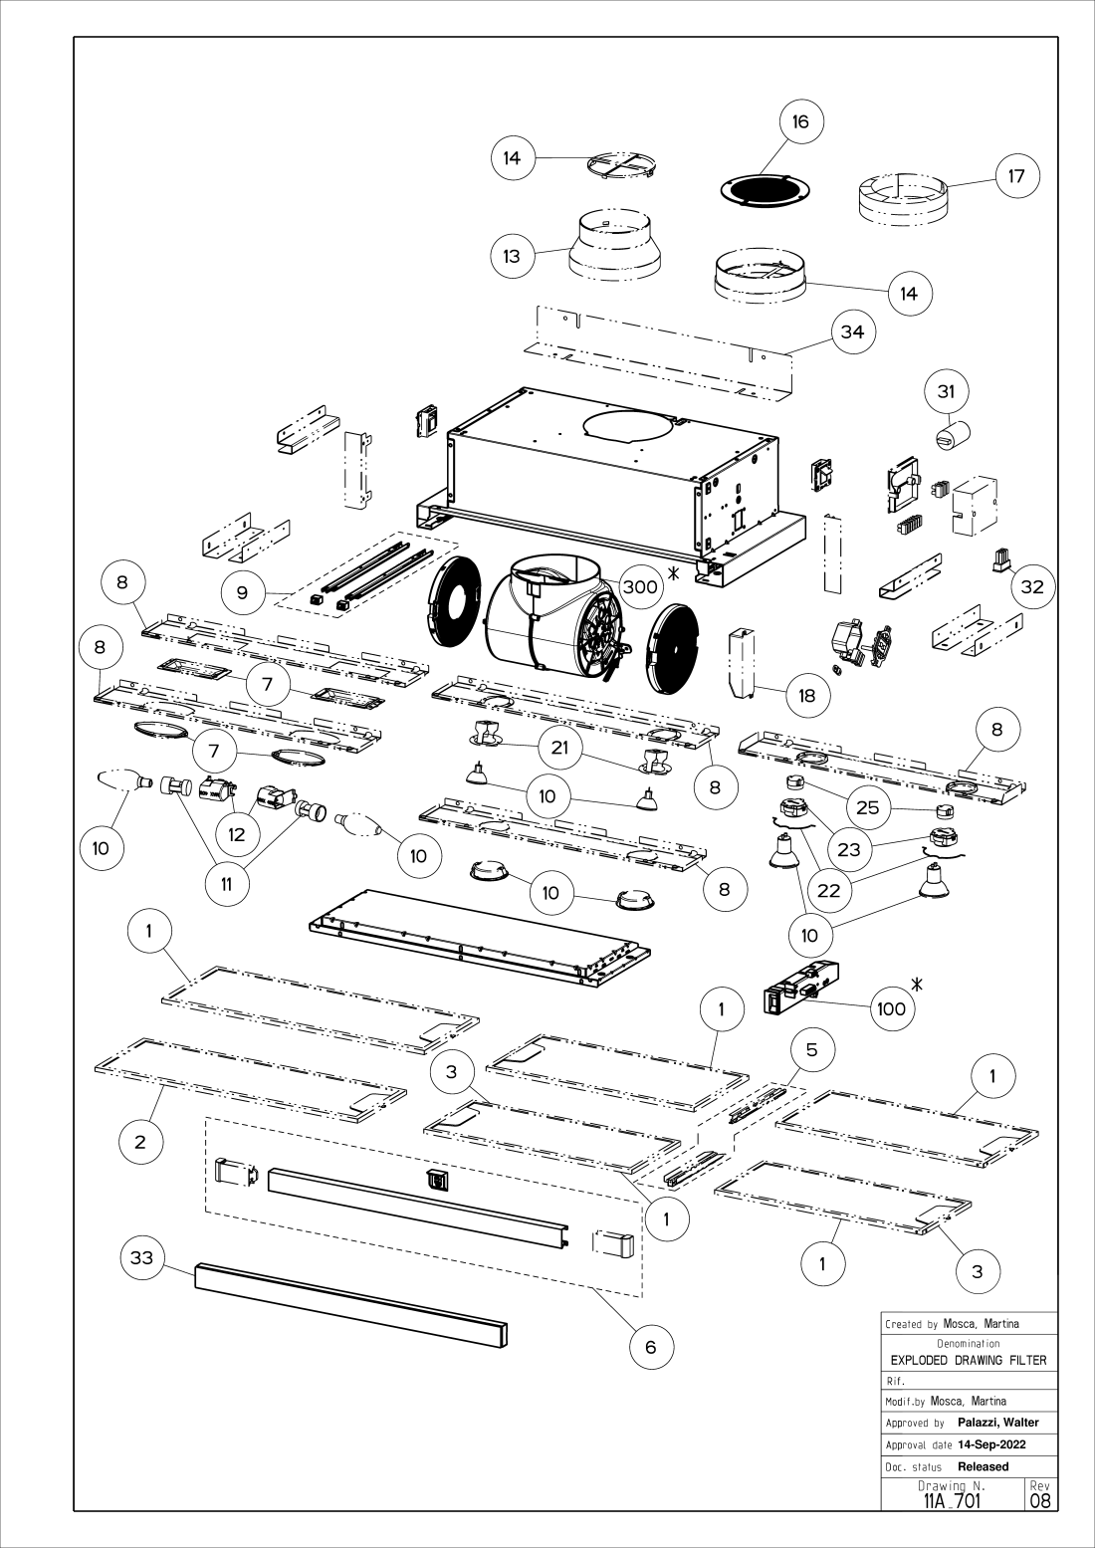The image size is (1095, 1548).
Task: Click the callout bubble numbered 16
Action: tap(800, 122)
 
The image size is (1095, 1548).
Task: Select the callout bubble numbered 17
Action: tap(1016, 176)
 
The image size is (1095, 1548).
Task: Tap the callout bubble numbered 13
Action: tap(512, 256)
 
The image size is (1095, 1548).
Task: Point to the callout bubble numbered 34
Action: tap(853, 332)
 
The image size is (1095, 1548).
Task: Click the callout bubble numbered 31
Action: tap(946, 392)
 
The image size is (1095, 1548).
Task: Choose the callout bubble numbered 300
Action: tap(639, 587)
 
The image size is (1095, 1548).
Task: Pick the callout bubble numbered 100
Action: tap(892, 1008)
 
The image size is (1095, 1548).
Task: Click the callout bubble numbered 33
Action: tap(142, 1258)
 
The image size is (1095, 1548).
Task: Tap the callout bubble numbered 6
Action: tap(651, 1347)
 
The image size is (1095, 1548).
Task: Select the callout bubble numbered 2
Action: tap(140, 1142)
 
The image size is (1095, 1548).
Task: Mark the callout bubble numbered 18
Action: tap(807, 695)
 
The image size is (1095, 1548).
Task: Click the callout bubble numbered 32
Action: tap(1032, 586)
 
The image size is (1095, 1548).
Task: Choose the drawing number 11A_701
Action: tap(953, 1499)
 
